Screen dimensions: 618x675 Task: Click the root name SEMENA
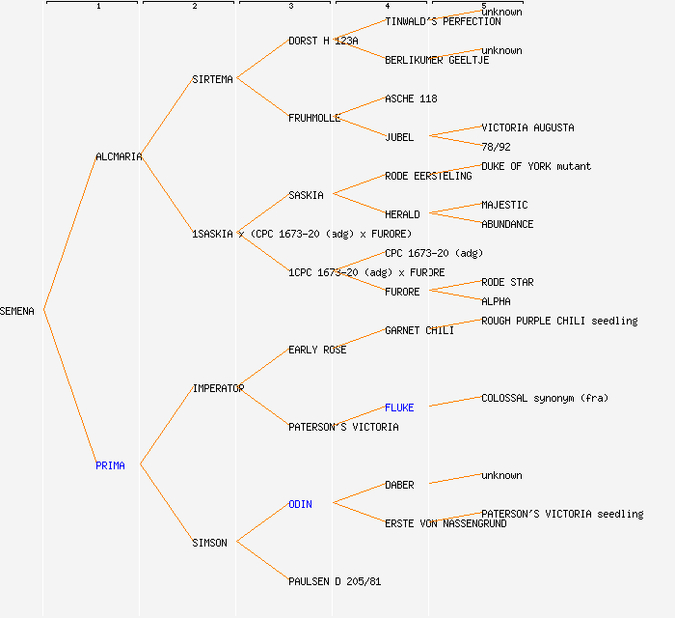(17, 311)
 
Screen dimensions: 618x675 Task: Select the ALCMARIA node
(119, 156)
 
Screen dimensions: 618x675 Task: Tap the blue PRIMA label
(110, 465)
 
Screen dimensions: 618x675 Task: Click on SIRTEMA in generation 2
(212, 79)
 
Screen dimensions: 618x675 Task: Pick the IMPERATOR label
(218, 388)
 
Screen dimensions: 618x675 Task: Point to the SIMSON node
(209, 543)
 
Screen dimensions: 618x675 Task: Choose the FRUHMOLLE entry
(314, 118)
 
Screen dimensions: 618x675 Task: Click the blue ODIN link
(300, 504)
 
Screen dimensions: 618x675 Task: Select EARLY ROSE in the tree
(317, 350)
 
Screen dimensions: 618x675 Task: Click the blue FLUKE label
(399, 407)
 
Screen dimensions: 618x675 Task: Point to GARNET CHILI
(418, 330)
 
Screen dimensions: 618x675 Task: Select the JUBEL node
(399, 137)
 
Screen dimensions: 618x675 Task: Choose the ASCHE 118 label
(411, 98)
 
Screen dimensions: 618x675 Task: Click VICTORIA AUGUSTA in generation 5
(527, 127)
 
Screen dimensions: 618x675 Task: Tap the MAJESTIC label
(504, 205)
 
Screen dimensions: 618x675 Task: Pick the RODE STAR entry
(507, 282)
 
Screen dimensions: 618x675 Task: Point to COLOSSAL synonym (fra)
(545, 398)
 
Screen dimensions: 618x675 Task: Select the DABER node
(399, 485)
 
